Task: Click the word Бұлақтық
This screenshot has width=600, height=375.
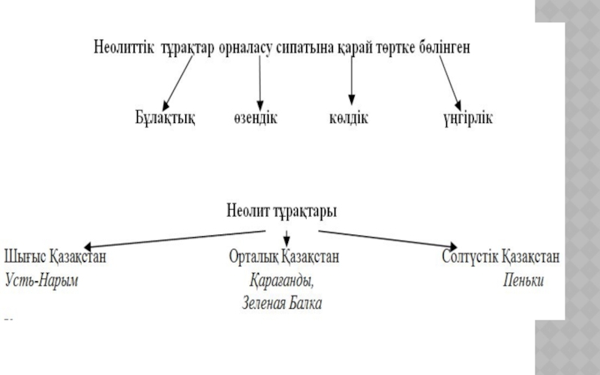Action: pos(165,118)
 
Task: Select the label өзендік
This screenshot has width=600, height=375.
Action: pos(256,118)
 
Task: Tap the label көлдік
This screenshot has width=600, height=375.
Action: pos(349,118)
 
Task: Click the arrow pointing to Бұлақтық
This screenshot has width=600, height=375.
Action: pos(177,83)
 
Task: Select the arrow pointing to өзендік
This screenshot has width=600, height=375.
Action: pos(259,83)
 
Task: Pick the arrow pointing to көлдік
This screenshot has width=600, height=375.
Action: pos(352,81)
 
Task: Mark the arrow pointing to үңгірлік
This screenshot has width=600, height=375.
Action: pos(450,83)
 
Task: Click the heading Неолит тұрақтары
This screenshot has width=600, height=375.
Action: pos(282,211)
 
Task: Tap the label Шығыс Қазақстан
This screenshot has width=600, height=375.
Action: pos(55,256)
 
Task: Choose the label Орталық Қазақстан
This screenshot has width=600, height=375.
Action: pos(284,256)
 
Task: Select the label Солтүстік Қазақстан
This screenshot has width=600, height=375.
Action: pos(500,256)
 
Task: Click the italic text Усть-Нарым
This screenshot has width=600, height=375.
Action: pos(41,280)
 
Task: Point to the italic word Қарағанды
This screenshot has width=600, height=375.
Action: pos(282,281)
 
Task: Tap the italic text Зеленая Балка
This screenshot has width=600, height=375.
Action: pos(282,304)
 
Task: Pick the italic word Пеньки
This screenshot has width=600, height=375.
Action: pos(523,280)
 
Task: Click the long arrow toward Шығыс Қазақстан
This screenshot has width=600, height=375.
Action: pos(175,239)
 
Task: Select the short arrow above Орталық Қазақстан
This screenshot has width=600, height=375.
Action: pos(286,238)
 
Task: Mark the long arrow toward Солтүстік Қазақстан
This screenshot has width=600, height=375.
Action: pos(388,239)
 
